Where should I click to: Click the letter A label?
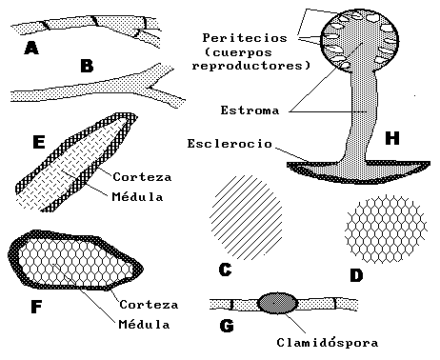coord(31,49)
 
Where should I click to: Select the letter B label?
coord(87,66)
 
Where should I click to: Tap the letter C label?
coord(226,270)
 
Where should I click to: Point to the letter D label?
coord(356,275)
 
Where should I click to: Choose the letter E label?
coord(39,142)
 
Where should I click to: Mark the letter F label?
coord(36,307)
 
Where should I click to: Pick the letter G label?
coord(227,326)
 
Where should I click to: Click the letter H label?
coord(392,138)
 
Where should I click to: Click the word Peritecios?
coord(245,38)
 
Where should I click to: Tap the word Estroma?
coord(250,110)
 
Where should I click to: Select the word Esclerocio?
coord(230,144)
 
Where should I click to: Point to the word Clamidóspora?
coord(328,342)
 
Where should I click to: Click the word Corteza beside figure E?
coord(142,177)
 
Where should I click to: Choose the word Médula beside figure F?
coord(144,324)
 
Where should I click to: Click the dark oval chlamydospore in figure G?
coord(278,303)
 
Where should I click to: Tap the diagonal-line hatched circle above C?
coord(246,217)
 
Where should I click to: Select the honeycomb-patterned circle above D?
coord(386,229)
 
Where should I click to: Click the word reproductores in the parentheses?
coord(250,66)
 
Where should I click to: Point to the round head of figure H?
coord(360,40)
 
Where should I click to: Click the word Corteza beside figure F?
coord(149,305)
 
